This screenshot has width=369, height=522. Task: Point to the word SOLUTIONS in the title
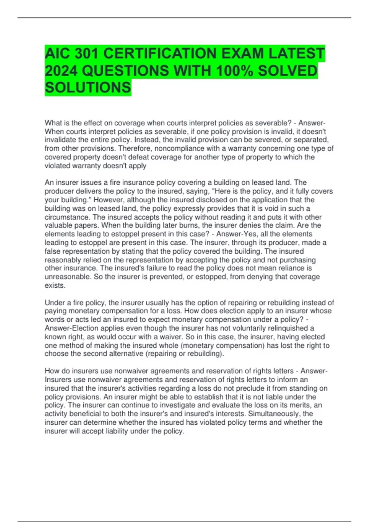point(88,88)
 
